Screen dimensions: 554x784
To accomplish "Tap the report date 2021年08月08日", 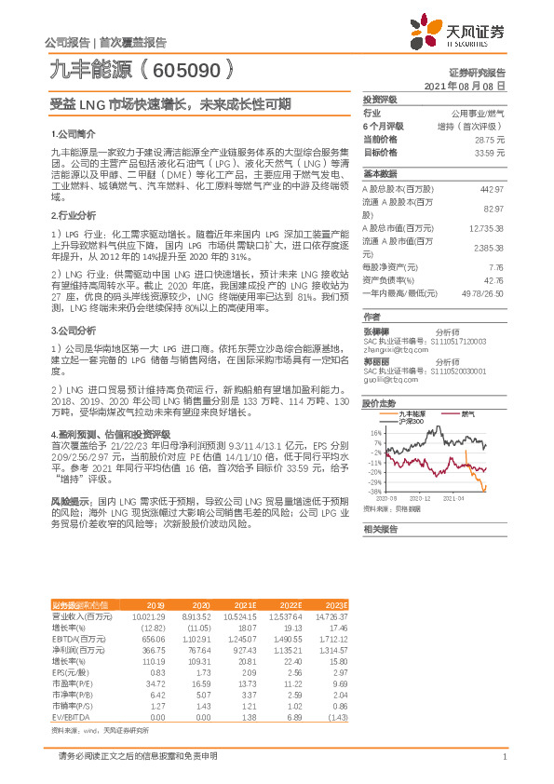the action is [x=465, y=85].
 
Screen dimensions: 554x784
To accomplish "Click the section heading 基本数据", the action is [x=380, y=174].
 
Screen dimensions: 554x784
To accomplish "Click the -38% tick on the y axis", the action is [x=374, y=491].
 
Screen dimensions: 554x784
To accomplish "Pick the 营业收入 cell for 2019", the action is [x=149, y=616].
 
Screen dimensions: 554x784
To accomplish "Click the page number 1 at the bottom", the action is [x=503, y=757].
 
